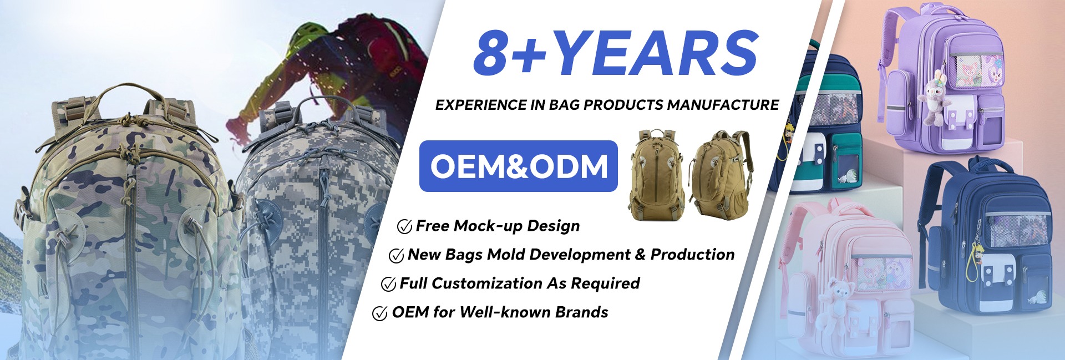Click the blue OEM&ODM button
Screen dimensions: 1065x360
518,166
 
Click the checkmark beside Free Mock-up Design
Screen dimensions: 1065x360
404,226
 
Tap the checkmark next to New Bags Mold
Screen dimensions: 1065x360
396,255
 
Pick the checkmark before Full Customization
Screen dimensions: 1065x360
388,284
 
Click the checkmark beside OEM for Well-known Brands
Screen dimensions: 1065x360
380,313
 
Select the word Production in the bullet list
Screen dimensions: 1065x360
692,255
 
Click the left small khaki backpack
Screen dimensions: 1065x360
657,175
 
